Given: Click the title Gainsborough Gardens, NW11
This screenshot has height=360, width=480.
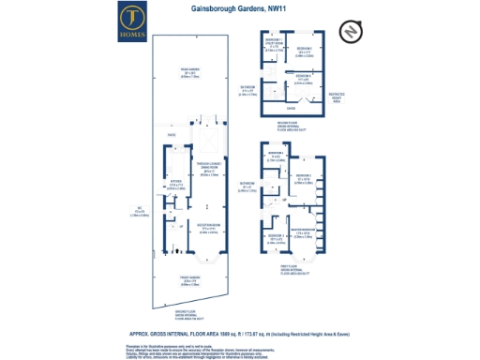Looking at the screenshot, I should coord(239,9).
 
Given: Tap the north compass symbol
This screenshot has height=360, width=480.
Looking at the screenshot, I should coord(347,32).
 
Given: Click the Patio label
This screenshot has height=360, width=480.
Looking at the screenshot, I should coord(172,136).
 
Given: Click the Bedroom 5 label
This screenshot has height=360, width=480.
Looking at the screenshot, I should coord(303,49).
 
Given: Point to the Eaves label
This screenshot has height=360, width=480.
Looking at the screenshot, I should coord(302,107).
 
